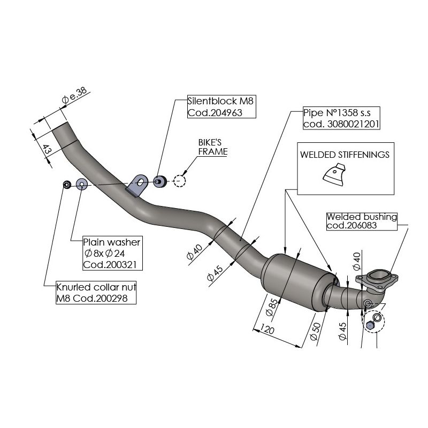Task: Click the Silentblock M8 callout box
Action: (x=222, y=106)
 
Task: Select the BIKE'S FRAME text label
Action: (x=212, y=148)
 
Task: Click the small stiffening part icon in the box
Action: (x=334, y=177)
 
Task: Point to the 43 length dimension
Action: (x=47, y=151)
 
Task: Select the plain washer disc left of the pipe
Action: (x=81, y=185)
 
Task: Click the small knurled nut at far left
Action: (x=66, y=185)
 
